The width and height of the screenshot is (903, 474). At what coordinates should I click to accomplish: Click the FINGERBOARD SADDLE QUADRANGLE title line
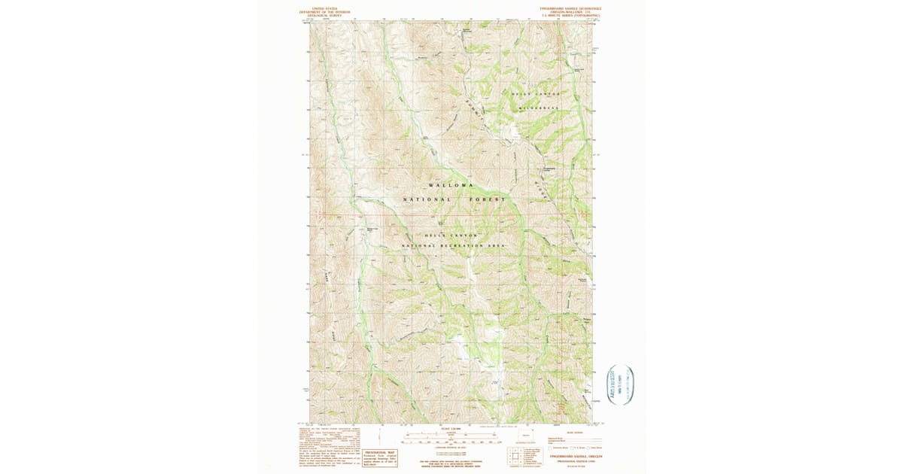[x=570, y=8]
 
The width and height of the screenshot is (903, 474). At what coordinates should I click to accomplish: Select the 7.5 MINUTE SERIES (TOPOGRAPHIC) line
[x=570, y=15]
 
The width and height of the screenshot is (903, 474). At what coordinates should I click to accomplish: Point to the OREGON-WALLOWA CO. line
[x=570, y=11]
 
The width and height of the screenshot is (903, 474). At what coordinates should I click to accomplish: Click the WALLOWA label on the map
[x=451, y=185]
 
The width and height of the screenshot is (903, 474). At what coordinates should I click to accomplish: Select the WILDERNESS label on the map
[x=539, y=108]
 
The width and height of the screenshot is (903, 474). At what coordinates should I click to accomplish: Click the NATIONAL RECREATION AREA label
[x=453, y=246]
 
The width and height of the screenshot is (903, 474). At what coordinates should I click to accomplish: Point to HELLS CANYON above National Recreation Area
[x=451, y=235]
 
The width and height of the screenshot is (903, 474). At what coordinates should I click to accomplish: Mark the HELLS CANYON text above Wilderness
[x=536, y=93]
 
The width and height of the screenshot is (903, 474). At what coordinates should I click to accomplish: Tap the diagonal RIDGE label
[x=540, y=187]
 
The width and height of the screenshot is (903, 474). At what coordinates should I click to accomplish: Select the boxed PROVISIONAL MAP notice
[x=380, y=458]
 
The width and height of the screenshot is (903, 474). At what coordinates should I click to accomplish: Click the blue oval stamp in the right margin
[x=621, y=385]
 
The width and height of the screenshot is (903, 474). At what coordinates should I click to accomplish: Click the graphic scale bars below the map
[x=451, y=438]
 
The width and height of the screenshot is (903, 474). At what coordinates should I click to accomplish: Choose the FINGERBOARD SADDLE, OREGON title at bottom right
[x=575, y=456]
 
